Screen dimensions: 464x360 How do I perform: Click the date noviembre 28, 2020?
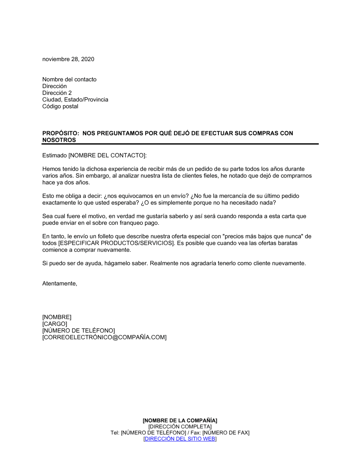[68, 59]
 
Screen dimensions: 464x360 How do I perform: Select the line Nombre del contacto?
[69, 79]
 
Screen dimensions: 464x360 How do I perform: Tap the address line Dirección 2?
[57, 93]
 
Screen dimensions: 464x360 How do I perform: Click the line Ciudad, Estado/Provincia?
[75, 100]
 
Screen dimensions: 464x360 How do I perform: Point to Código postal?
[60, 106]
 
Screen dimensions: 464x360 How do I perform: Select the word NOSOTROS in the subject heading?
[59, 140]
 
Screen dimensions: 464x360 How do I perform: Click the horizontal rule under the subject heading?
[180, 144]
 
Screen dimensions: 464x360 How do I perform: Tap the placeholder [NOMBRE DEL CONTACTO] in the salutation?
[107, 156]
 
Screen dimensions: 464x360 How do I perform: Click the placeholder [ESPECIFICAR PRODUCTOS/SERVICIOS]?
[116, 243]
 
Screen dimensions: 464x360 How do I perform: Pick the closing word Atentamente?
[60, 283]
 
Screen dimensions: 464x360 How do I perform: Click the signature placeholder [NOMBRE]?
[57, 317]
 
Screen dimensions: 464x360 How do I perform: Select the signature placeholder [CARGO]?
[55, 324]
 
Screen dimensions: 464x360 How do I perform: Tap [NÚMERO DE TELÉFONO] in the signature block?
[78, 331]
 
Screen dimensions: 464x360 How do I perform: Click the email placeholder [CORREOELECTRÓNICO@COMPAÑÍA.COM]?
[104, 337]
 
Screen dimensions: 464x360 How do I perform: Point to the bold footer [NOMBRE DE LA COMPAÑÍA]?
[180, 420]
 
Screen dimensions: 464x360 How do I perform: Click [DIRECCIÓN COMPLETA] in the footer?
[180, 427]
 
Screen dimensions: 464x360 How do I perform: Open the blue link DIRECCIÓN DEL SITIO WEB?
[180, 439]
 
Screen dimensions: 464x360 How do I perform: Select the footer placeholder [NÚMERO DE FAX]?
[226, 433]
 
